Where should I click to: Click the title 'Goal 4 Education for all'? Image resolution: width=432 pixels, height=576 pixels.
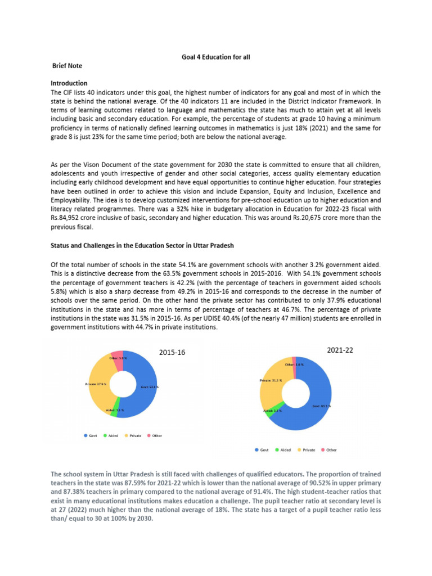(215, 57)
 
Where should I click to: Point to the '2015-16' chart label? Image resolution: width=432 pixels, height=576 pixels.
(172, 353)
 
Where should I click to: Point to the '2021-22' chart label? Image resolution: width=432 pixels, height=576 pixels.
(340, 350)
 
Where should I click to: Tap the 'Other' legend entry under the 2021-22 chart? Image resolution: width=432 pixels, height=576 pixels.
(328, 450)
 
